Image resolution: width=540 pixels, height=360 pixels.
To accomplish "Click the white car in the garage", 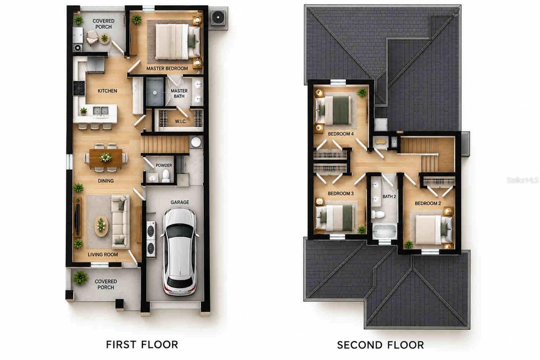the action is coord(180,252).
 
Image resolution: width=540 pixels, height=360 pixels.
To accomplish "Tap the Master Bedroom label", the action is coord(167,69).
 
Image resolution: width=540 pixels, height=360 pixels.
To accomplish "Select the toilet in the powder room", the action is coord(166,175).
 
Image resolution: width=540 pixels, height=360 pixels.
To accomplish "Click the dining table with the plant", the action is coord(105,158).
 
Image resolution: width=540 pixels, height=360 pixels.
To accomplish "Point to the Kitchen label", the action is coord(107,91).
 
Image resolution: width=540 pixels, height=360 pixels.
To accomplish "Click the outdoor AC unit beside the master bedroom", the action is coord(218,17).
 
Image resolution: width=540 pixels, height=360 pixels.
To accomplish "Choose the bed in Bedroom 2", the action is coord(433,230).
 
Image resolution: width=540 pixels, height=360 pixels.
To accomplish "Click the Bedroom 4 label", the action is coord(341,134).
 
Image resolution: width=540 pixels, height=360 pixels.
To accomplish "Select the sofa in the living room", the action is coord(120,221).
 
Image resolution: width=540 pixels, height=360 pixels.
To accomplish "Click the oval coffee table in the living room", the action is coord(101,226).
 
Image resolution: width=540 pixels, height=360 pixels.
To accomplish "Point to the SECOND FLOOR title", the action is coord(380,345).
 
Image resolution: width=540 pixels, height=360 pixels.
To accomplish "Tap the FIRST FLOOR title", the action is coord(142,344).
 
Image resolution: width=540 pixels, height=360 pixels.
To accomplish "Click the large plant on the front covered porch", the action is coord(80,277).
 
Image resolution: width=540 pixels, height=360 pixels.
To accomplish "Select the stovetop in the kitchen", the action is coord(79,88).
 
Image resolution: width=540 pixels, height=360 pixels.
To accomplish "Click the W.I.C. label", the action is coord(180,121).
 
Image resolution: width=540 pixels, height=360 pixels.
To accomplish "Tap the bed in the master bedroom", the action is coord(178,41).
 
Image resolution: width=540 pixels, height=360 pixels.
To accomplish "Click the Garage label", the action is coord(180,202).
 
